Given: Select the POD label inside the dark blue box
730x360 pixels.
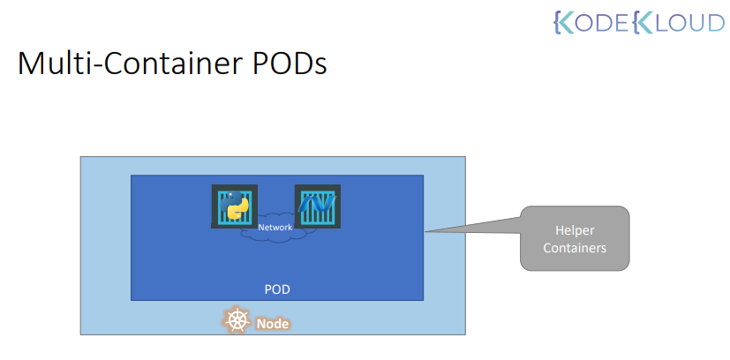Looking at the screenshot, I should [277, 289].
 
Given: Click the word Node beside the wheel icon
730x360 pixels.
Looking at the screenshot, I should [273, 324].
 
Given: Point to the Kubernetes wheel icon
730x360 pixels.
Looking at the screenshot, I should [237, 321].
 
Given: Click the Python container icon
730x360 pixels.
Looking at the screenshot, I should [234, 206].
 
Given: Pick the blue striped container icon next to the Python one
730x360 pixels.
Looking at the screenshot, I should [318, 206].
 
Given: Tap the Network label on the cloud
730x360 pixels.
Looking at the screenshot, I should [275, 228].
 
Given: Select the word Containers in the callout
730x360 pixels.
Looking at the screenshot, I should [574, 248].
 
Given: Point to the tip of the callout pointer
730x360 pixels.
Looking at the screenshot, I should [426, 233].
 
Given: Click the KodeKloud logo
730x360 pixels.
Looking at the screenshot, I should [637, 23].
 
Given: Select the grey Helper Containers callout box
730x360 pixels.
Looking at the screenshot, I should [574, 238].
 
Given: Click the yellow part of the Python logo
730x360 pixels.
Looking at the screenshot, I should [237, 213].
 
